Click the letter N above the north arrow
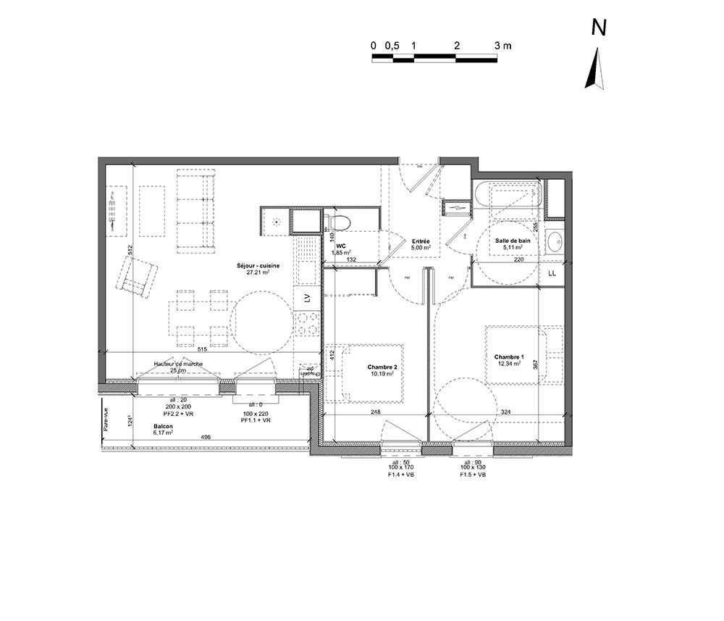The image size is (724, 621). pyautogui.click(x=599, y=28)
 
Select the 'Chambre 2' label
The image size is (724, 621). pyautogui.click(x=381, y=367)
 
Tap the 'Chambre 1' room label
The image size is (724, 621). pyautogui.click(x=509, y=357)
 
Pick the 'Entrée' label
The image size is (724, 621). pyautogui.click(x=421, y=241)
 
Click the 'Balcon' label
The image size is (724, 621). pyautogui.click(x=163, y=426)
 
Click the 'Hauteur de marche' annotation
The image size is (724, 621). pyautogui.click(x=178, y=364)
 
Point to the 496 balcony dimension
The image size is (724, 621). pyautogui.click(x=206, y=437)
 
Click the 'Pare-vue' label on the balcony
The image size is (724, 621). pyautogui.click(x=106, y=420)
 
